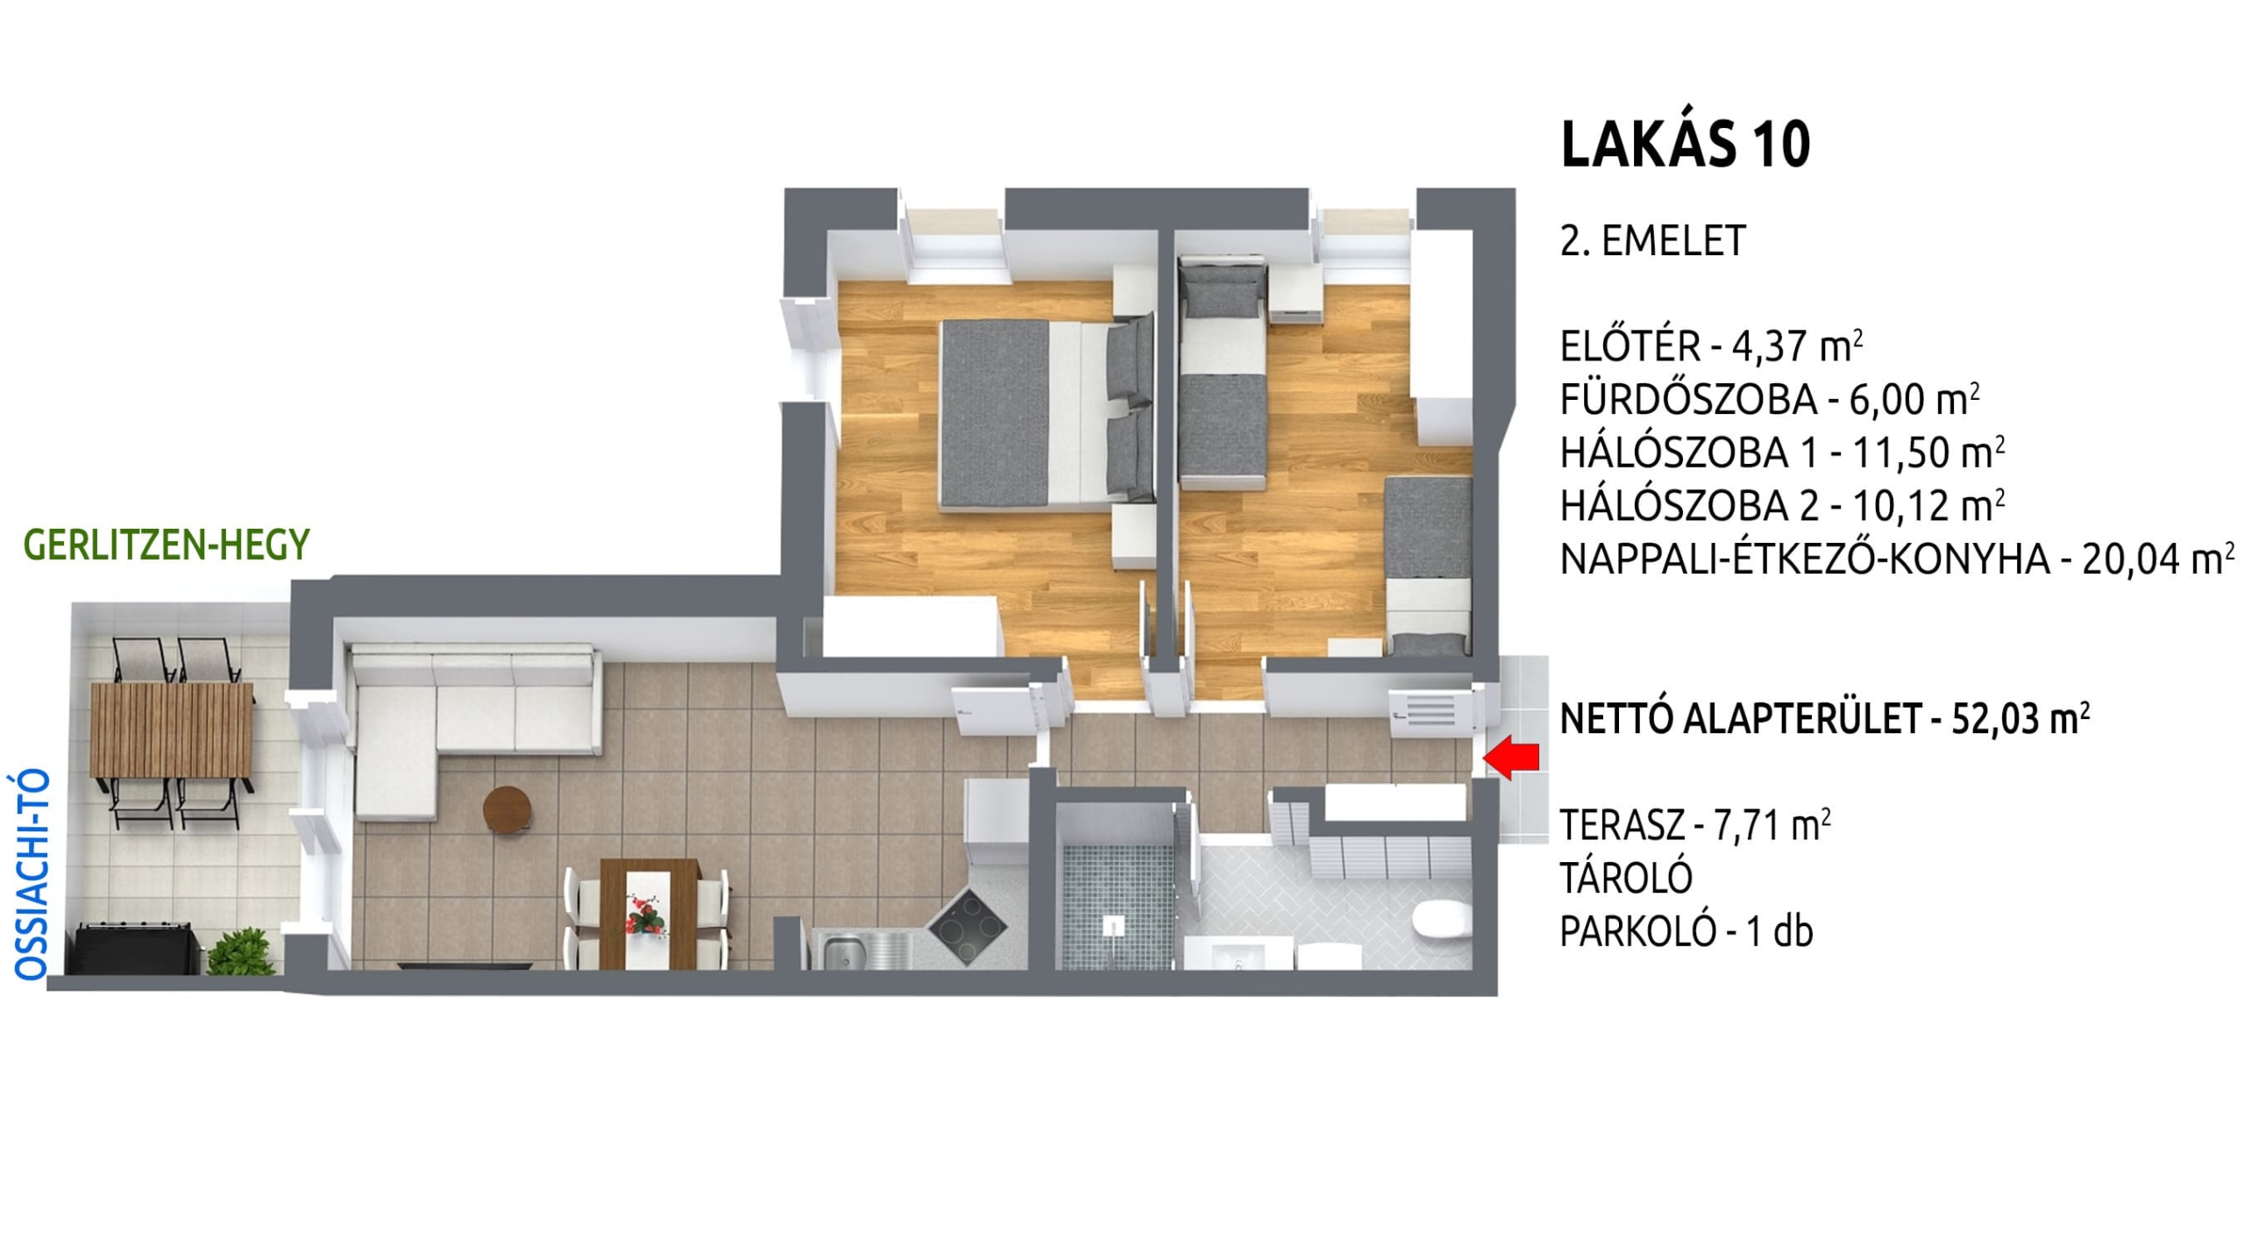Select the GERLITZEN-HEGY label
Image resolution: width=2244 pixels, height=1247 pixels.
tap(167, 545)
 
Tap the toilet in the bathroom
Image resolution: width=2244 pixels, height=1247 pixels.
tap(1443, 921)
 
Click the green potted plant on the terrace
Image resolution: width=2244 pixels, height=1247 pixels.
tap(239, 951)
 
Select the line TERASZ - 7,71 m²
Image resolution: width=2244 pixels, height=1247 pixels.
tap(1694, 825)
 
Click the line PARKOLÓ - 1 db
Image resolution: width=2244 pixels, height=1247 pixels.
tap(1687, 931)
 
